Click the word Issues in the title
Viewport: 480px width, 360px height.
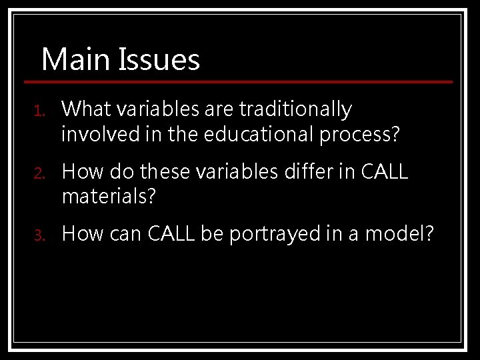tap(159, 59)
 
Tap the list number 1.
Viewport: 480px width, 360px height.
tap(39, 109)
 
